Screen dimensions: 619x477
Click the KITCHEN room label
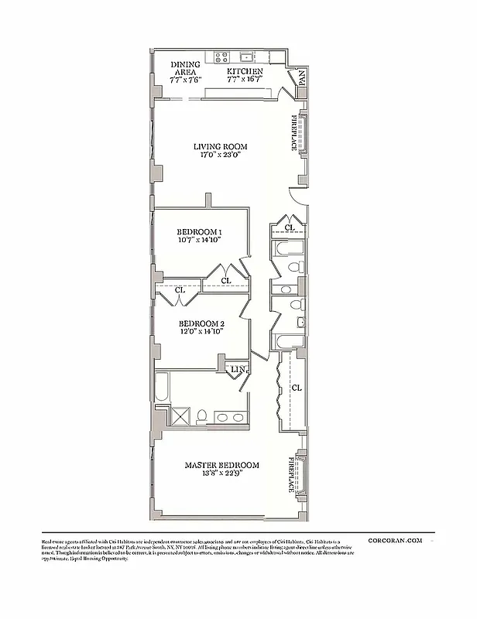pos(245,70)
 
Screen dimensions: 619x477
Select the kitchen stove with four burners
pos(220,56)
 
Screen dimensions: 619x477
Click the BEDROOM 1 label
pos(200,232)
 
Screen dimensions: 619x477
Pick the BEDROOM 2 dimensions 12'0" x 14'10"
pos(201,331)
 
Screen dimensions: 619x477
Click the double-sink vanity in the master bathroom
pos(229,418)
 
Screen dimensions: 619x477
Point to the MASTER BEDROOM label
pos(221,466)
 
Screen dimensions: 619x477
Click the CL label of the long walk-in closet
pos(296,386)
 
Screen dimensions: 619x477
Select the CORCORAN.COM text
pos(395,541)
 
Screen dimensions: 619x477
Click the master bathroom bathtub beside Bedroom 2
pos(162,386)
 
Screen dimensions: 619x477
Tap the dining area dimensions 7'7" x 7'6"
pos(186,79)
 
